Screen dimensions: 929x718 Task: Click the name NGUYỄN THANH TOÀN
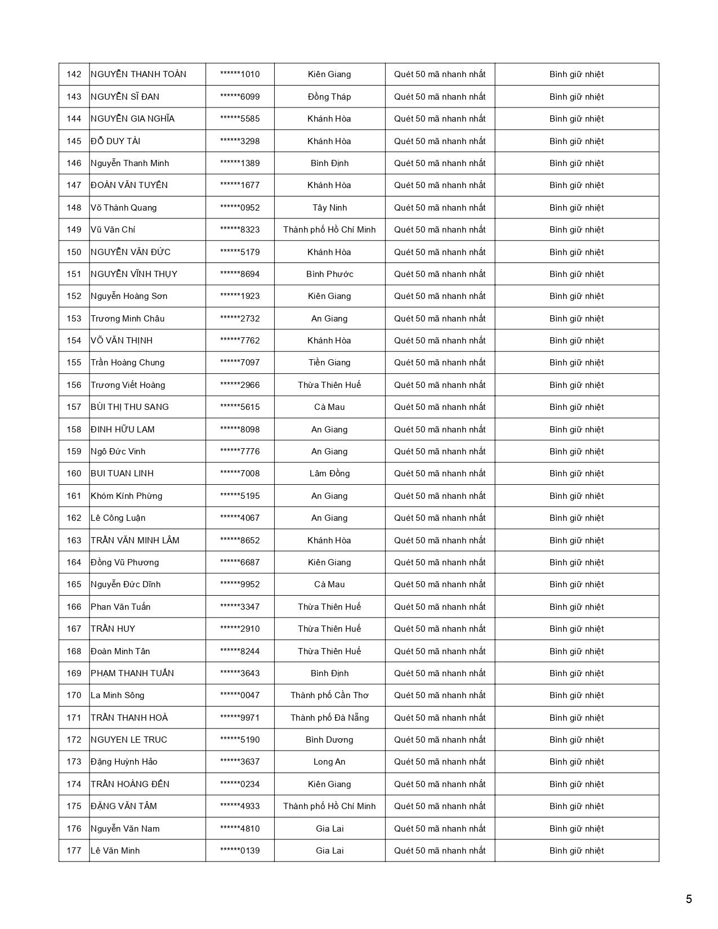(138, 74)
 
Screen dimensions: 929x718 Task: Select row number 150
(74, 252)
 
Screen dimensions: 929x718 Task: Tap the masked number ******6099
(240, 96)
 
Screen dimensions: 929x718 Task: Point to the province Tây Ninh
(329, 208)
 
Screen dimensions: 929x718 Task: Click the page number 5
(689, 899)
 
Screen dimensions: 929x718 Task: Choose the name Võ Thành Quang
(123, 208)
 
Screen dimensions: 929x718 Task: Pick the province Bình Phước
(329, 274)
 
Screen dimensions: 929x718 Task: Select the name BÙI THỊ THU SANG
(130, 407)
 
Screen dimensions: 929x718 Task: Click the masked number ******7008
(240, 474)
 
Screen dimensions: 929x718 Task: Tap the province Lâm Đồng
(329, 474)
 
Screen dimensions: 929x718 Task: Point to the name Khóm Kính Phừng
(126, 496)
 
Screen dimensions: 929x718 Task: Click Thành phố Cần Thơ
(329, 695)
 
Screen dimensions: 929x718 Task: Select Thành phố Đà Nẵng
(329, 718)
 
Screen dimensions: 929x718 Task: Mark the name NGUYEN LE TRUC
(128, 740)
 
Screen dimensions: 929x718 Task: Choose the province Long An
(329, 762)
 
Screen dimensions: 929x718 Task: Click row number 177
(74, 851)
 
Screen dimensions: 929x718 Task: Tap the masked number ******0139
(240, 851)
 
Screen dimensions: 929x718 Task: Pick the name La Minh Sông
(117, 695)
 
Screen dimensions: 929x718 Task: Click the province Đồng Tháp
(329, 96)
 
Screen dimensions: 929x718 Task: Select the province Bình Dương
(329, 740)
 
